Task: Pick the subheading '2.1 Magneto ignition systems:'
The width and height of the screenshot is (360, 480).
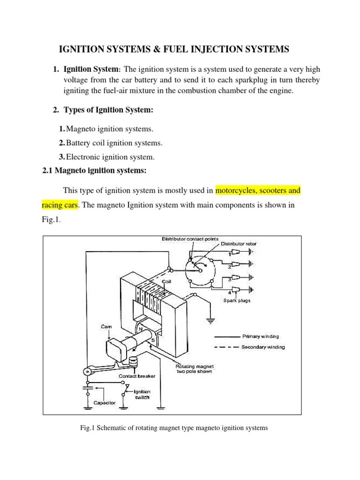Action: point(95,171)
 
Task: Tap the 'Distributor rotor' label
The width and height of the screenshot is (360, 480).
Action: point(239,244)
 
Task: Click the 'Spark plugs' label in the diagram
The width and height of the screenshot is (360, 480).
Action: point(238,300)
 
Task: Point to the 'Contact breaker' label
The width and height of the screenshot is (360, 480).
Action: point(136,376)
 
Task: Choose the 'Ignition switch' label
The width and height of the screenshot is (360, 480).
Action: point(142,394)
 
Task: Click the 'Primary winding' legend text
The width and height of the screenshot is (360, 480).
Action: point(261,336)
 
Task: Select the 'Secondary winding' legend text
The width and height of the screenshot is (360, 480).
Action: point(263,347)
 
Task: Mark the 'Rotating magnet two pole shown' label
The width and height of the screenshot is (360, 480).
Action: point(194,369)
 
